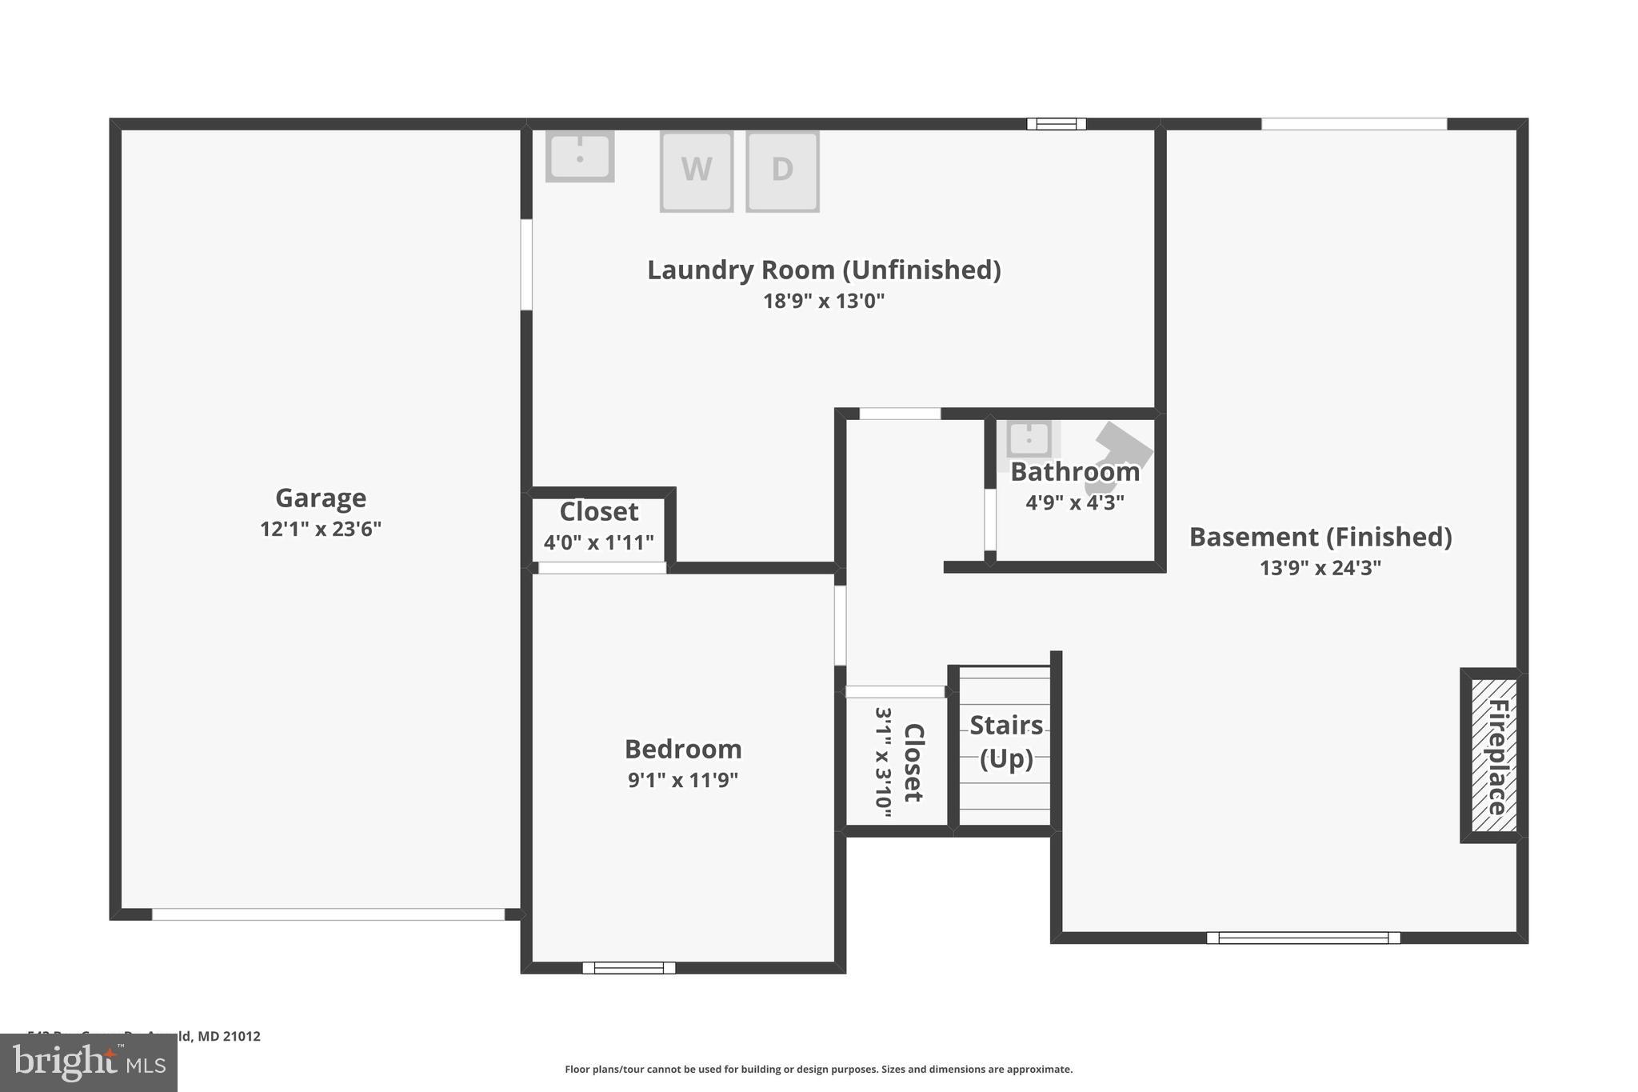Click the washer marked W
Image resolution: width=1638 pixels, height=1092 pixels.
point(696,171)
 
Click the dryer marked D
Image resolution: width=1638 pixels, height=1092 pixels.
point(782,171)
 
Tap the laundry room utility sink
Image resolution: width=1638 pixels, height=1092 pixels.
point(580,155)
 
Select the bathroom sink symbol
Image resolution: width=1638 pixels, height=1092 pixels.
point(1029,438)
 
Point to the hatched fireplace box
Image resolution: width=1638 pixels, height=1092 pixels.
point(1494,756)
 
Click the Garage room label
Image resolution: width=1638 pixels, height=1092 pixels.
point(321,498)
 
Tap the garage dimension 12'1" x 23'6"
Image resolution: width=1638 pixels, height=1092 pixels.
point(321,530)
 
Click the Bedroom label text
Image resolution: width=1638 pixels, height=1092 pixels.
point(683,750)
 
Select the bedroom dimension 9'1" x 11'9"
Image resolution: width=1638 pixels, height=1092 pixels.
point(683,780)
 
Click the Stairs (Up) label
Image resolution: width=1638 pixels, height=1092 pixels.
point(1006,742)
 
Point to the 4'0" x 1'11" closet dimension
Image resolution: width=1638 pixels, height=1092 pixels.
point(599,543)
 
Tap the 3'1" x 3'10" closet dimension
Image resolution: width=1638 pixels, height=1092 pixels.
point(884,762)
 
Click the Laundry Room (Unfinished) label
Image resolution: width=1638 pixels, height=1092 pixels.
point(824,270)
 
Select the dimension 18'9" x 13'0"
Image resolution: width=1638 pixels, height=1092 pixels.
point(824,302)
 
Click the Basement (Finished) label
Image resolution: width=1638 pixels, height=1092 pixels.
point(1320,537)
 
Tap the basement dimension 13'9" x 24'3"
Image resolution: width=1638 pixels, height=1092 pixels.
point(1320,568)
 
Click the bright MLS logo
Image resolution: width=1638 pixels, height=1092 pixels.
point(89,1062)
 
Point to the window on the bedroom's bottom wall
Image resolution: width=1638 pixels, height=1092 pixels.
point(629,968)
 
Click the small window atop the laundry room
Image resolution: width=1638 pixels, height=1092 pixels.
point(1057,124)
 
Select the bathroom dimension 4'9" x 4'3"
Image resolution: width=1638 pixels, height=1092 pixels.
point(1075,503)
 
